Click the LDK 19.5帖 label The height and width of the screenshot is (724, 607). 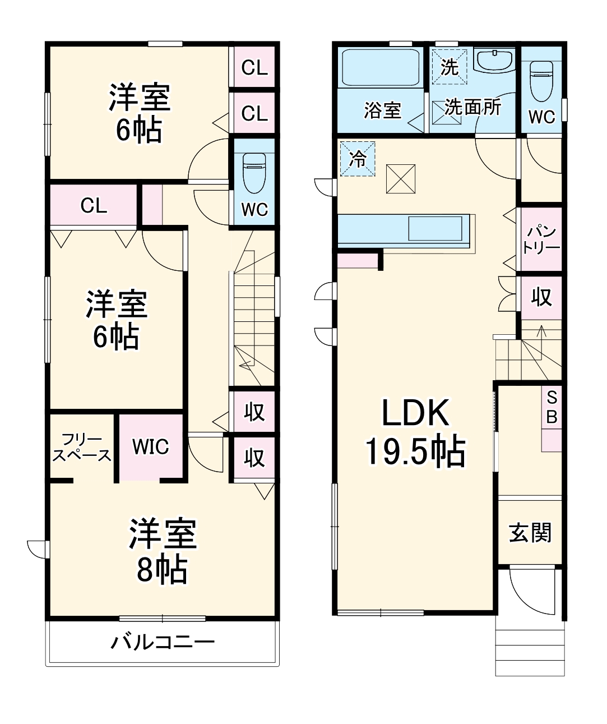pyautogui.click(x=415, y=432)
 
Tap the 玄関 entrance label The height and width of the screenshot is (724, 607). pyautogui.click(x=530, y=532)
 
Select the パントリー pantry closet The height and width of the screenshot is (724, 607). pyautogui.click(x=541, y=239)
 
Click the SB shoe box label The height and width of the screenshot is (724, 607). pyautogui.click(x=552, y=407)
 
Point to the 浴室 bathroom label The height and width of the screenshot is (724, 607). pyautogui.click(x=382, y=110)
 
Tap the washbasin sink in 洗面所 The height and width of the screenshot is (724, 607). pyautogui.click(x=494, y=59)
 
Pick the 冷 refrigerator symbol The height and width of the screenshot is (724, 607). pyautogui.click(x=357, y=159)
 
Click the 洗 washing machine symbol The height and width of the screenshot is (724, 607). pyautogui.click(x=449, y=67)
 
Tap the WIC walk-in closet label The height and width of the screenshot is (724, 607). pyautogui.click(x=150, y=447)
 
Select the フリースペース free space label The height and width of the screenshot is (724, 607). pyautogui.click(x=82, y=448)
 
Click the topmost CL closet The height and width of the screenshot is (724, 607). pyautogui.click(x=254, y=67)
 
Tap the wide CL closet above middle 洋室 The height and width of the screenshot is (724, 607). pyautogui.click(x=93, y=205)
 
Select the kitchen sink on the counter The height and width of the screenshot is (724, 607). pyautogui.click(x=435, y=229)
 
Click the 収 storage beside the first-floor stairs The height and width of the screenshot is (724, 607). pyautogui.click(x=541, y=297)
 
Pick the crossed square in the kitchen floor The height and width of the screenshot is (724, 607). pyautogui.click(x=401, y=179)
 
